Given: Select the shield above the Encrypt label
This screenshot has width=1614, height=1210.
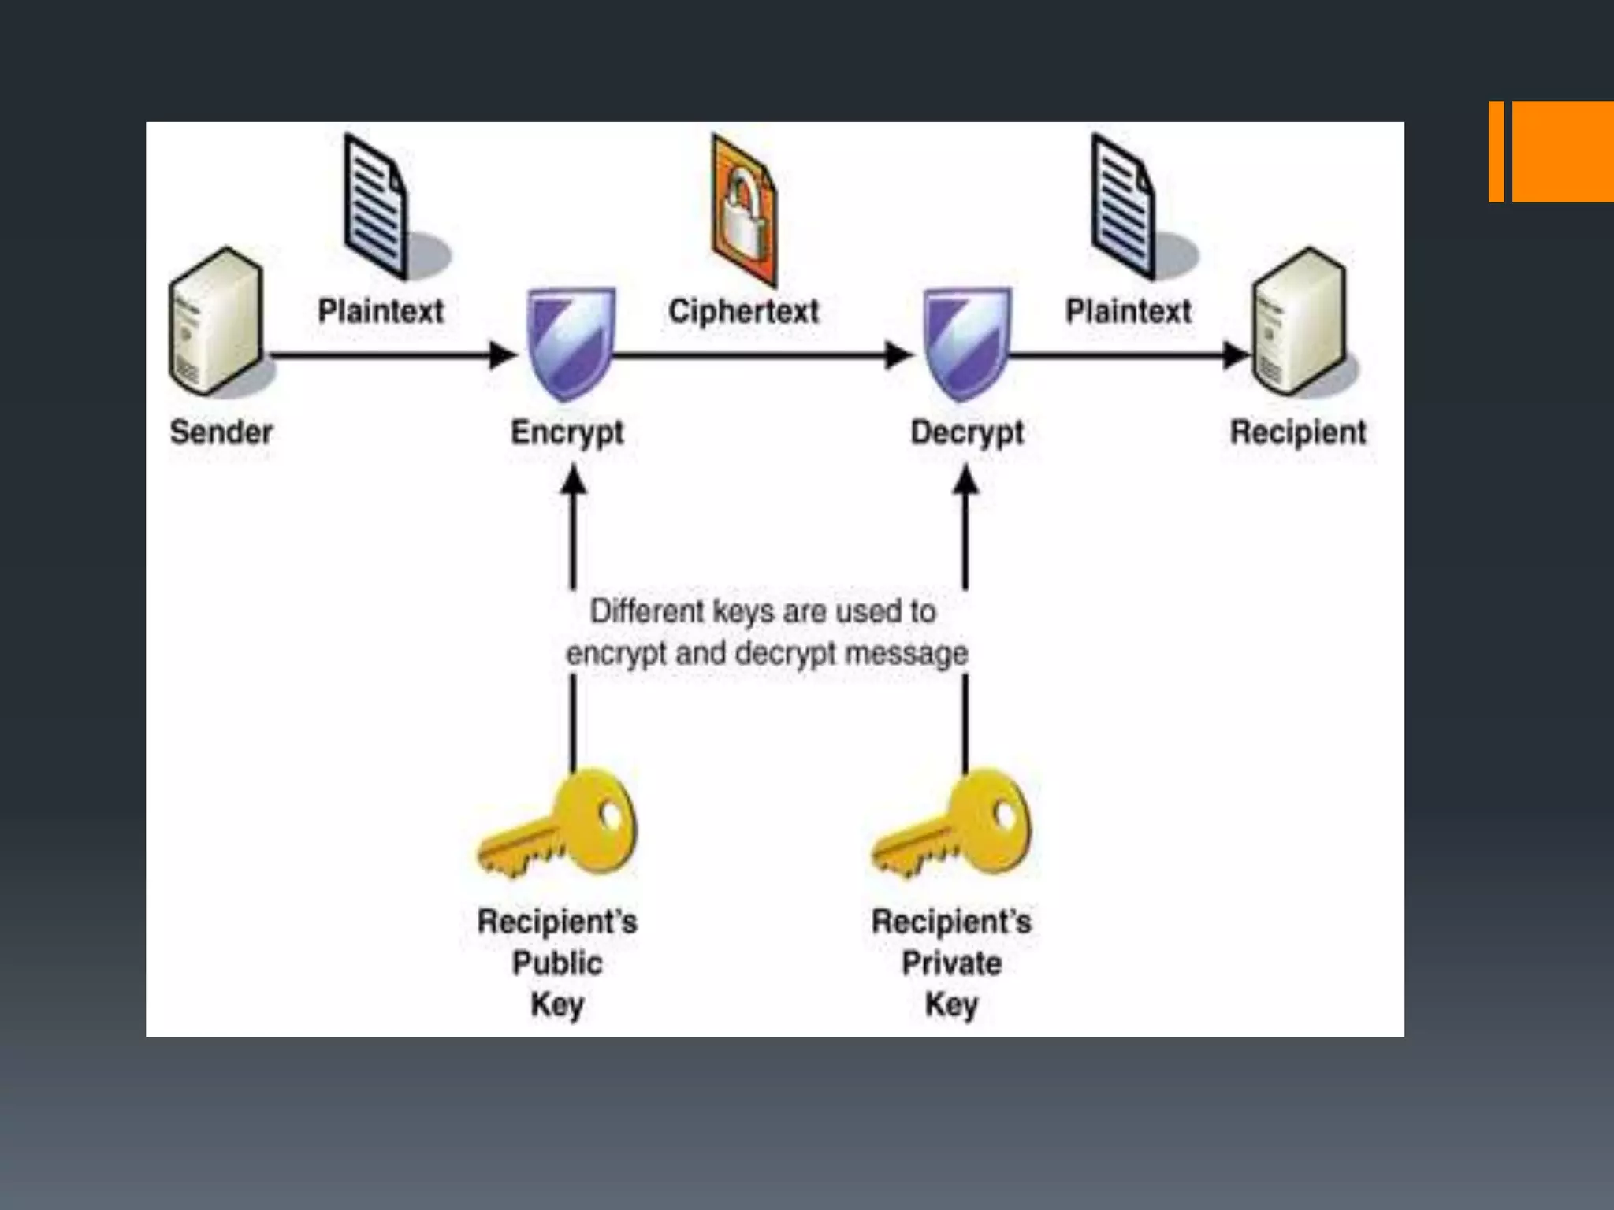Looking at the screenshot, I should [571, 343].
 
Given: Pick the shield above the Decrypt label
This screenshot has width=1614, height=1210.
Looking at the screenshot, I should [966, 343].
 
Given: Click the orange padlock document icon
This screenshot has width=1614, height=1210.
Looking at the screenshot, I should [743, 210].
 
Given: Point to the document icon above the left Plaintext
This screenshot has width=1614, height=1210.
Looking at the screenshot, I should [377, 206].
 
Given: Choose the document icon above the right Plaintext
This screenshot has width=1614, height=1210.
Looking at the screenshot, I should [1123, 206].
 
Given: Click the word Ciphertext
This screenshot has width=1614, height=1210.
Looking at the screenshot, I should [743, 311].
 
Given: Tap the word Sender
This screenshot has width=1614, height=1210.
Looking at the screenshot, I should [221, 432].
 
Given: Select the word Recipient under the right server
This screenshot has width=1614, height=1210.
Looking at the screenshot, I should [1298, 432].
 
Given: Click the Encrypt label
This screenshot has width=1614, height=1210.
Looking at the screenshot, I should [567, 432].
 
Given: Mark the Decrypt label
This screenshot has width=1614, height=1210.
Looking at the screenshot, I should [966, 432].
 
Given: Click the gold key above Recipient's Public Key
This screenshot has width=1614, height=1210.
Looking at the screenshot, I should [560, 826].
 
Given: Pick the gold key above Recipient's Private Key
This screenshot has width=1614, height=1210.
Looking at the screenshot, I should [953, 826].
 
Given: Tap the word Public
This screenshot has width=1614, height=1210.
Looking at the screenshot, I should [557, 963].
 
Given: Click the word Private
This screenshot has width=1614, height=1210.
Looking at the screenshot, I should [951, 963].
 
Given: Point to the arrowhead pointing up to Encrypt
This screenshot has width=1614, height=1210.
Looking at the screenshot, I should [573, 479].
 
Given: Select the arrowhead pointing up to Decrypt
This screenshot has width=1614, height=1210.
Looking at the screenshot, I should [966, 479].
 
